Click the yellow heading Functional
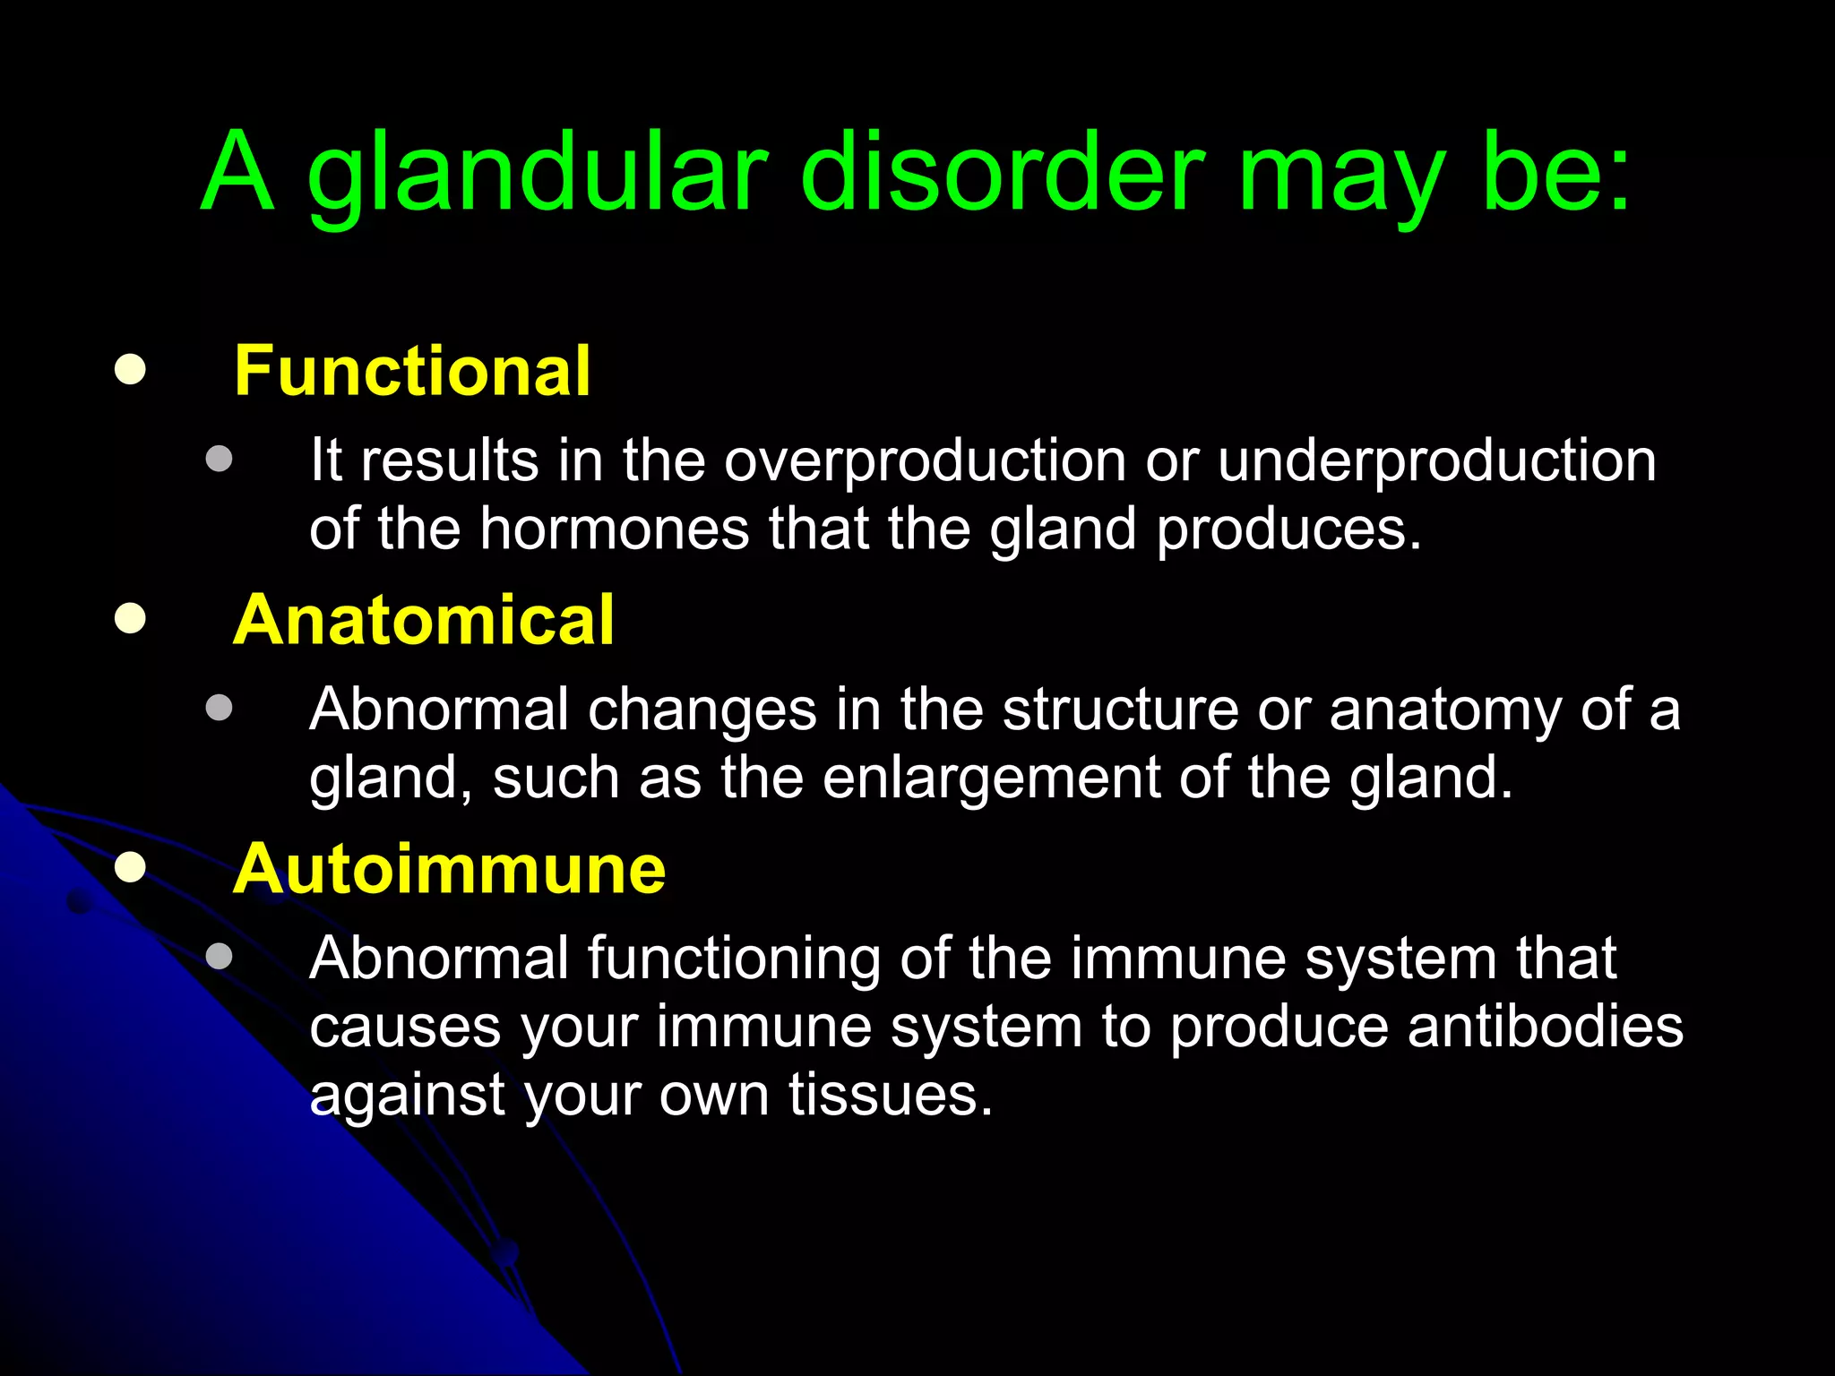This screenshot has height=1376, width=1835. (x=412, y=371)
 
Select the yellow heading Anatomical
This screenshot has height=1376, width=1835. (x=423, y=620)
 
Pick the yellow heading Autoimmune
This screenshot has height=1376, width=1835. (x=449, y=869)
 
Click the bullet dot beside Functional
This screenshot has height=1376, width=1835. (x=131, y=370)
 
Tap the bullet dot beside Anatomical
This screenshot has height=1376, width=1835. (x=131, y=618)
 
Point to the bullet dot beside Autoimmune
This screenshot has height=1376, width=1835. (x=131, y=867)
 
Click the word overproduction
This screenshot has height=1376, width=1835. (x=925, y=462)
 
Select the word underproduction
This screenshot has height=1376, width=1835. (x=1436, y=462)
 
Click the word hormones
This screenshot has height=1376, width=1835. (x=614, y=529)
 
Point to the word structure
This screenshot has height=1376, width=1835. (x=1120, y=709)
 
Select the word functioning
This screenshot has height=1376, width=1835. (x=734, y=959)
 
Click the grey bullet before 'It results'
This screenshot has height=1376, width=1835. (x=219, y=460)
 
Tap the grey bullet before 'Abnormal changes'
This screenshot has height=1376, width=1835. (x=219, y=709)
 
